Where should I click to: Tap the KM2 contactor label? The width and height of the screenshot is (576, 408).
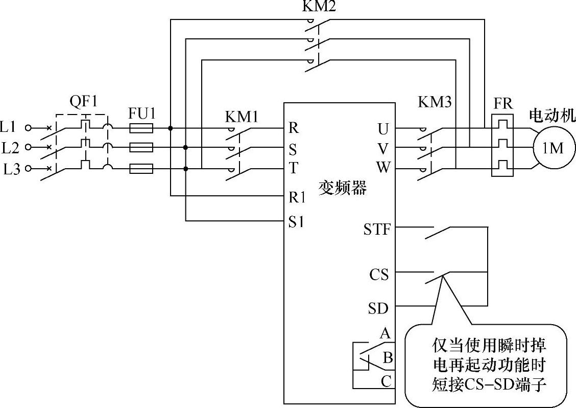coord(319,7)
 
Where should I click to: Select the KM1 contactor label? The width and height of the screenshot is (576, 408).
coord(242,117)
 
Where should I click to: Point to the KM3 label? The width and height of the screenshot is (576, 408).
coord(435,102)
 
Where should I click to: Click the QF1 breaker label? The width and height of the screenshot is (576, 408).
coord(83,102)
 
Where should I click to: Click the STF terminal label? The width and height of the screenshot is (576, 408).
coord(377,230)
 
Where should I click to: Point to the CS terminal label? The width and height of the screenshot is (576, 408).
coord(379,275)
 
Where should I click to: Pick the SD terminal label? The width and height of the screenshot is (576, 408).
coord(378,309)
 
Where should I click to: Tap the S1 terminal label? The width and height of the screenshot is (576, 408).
coord(297,222)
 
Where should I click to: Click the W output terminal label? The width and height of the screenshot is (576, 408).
coord(382,168)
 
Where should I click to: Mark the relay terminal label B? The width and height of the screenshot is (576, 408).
coord(388,357)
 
